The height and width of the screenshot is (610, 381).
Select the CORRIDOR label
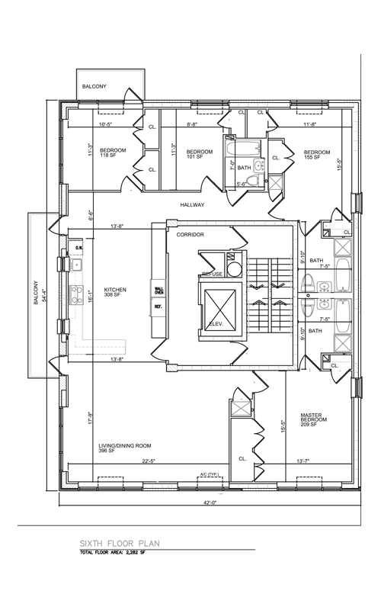point(191,236)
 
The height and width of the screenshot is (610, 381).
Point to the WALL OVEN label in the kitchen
point(159,290)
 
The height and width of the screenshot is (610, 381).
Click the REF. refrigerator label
point(158,307)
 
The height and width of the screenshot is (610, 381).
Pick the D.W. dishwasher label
point(78,249)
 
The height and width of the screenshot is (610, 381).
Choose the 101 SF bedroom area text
point(195,157)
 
